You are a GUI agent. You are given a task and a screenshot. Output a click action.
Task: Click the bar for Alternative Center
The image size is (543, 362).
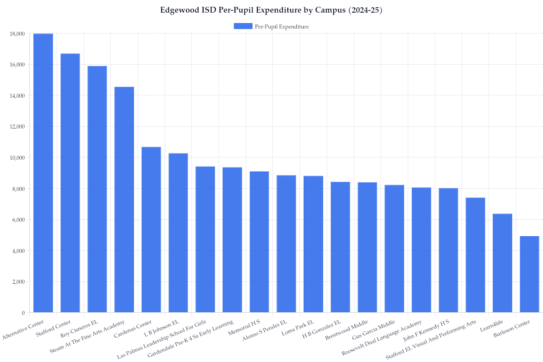[43, 173]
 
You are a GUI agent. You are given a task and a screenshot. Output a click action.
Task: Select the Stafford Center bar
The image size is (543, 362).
[70, 183]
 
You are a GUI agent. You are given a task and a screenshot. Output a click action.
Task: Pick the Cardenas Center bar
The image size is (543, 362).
[151, 229]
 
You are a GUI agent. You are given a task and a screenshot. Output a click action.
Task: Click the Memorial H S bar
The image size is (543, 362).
[259, 242]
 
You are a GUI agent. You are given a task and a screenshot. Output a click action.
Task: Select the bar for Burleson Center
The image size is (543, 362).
[529, 274]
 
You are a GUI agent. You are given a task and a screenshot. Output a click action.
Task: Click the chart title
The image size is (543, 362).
[271, 10]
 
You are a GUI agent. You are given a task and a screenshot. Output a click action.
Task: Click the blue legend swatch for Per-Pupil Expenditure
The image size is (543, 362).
[243, 26]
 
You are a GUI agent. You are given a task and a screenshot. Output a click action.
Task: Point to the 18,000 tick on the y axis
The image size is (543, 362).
[17, 33]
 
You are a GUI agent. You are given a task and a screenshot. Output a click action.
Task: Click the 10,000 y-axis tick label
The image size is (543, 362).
[17, 157]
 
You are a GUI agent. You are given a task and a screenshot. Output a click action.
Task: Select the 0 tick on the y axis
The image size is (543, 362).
[23, 313]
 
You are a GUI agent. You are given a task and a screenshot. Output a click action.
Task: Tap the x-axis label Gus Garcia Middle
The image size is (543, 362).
[377, 333]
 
